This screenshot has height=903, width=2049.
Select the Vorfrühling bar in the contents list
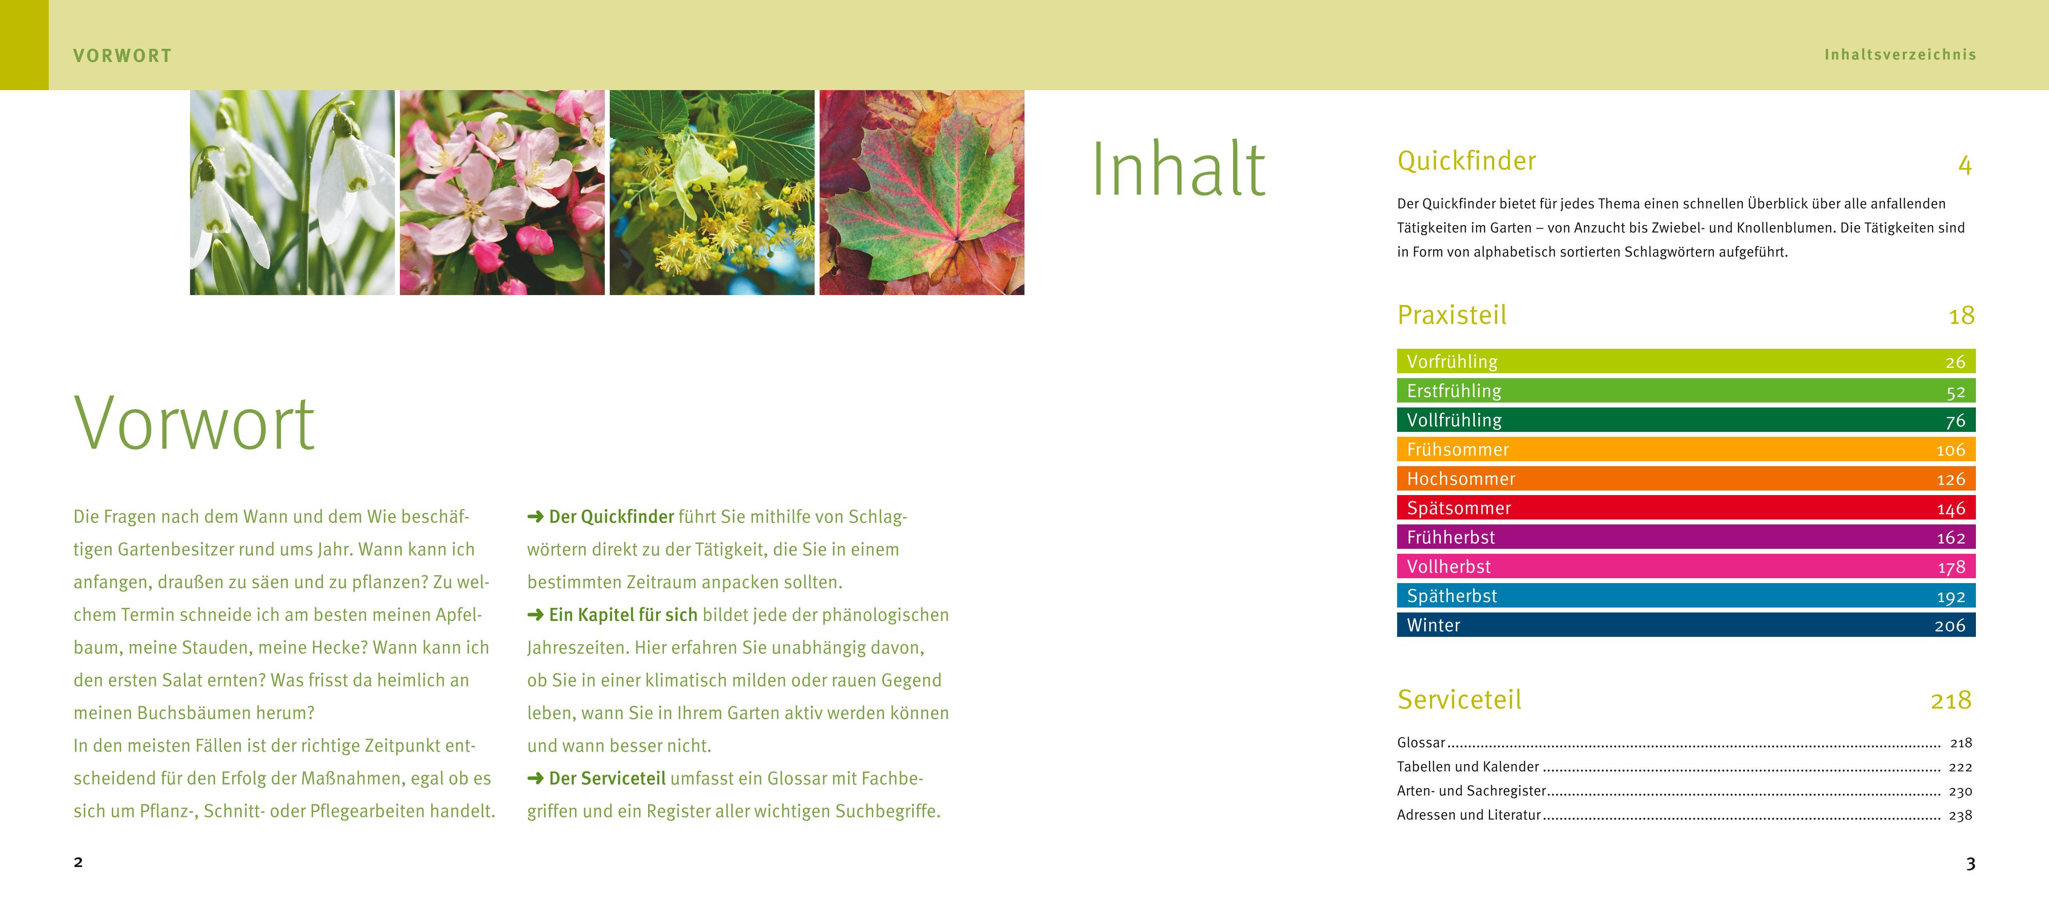(x=1685, y=361)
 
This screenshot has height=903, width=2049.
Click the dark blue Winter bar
(x=1685, y=624)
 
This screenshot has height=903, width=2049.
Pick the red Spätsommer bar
(x=1685, y=507)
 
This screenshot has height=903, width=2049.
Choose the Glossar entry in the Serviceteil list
(x=1421, y=742)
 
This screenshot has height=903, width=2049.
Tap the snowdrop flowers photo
(x=292, y=193)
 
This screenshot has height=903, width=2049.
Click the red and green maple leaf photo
(x=922, y=193)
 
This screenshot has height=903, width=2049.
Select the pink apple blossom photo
(x=502, y=193)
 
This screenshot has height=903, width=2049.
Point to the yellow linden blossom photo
(x=712, y=193)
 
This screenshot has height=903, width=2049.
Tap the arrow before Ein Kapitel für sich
(x=535, y=615)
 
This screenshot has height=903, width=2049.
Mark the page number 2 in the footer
(x=78, y=862)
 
